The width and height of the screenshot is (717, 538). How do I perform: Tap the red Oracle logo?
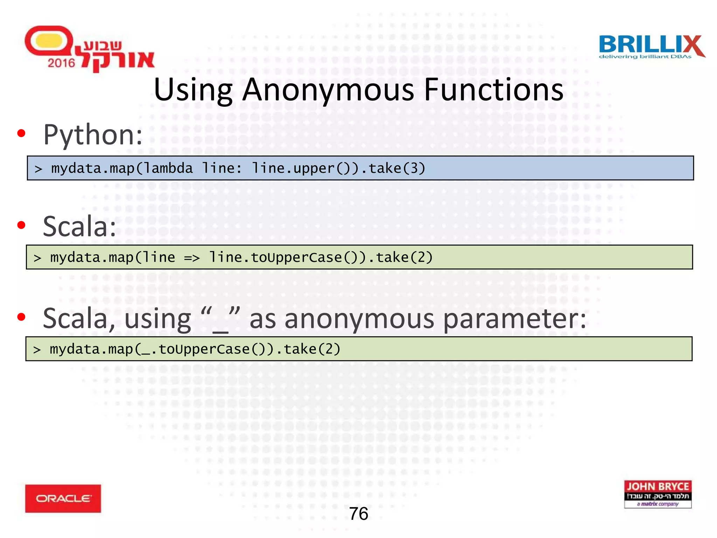click(63, 498)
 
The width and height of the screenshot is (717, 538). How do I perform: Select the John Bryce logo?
click(658, 494)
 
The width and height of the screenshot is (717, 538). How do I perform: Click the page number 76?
click(358, 514)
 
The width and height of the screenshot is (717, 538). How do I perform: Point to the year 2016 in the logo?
click(61, 63)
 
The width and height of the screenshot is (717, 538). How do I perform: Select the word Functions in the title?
click(494, 90)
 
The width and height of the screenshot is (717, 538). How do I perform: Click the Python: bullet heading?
click(93, 135)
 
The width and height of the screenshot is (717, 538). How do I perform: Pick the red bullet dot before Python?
click(21, 133)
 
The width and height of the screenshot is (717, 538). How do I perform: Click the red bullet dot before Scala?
click(21, 225)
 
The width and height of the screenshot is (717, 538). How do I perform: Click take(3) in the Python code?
click(397, 168)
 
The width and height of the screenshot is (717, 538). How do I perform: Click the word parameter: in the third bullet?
click(514, 319)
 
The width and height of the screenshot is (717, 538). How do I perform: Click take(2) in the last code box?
click(312, 349)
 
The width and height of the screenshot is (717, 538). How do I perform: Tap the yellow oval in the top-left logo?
click(49, 41)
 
